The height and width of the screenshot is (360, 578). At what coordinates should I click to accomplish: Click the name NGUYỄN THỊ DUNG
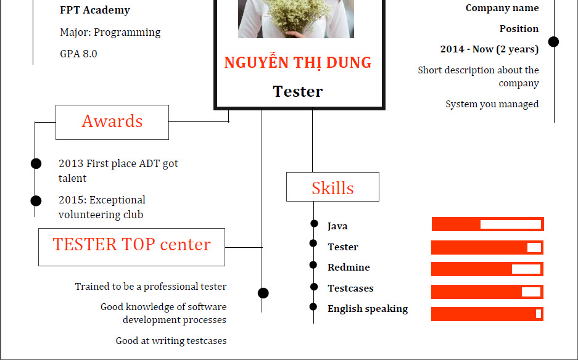[x=298, y=62]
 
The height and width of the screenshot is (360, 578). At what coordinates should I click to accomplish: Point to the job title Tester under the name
[x=298, y=91]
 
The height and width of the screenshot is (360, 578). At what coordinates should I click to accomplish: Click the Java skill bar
[x=488, y=224]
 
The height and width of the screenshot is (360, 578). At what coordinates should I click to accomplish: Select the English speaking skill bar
[x=487, y=314]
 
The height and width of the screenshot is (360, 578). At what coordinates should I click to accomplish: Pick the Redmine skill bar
[x=487, y=269]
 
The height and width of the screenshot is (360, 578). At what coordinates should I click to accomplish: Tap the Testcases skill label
[x=350, y=288]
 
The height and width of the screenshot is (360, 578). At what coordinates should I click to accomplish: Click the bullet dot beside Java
[x=314, y=224]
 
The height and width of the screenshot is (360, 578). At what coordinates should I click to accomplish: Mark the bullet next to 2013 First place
[x=36, y=163]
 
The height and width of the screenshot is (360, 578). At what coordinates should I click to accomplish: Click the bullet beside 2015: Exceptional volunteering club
[x=36, y=201]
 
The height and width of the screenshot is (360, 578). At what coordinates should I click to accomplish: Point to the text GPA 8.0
[x=78, y=54]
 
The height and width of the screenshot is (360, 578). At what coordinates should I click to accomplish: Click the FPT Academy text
[x=95, y=10]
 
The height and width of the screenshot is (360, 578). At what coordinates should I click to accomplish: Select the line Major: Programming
[x=110, y=33]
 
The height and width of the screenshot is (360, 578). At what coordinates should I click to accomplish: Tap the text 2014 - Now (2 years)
[x=489, y=49]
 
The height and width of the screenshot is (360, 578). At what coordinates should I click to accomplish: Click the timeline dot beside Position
[x=553, y=42]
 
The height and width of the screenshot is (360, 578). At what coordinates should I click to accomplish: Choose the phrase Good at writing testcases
[x=171, y=341]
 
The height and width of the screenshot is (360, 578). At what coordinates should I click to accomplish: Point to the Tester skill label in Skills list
[x=343, y=247]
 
